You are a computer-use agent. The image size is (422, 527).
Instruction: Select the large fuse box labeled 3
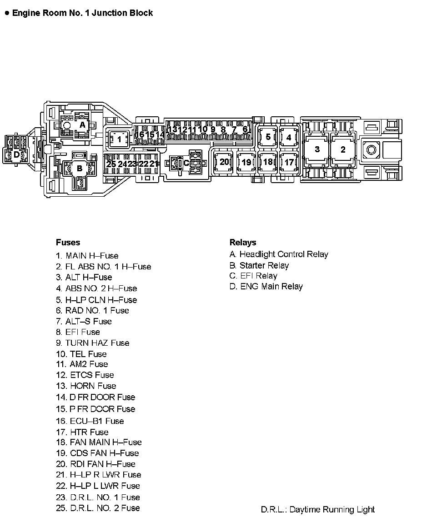tap(317, 149)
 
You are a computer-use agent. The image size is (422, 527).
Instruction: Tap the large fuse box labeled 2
tap(343, 149)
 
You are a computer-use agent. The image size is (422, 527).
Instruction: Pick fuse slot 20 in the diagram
tap(224, 162)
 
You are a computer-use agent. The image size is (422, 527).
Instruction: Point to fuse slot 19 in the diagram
tap(246, 162)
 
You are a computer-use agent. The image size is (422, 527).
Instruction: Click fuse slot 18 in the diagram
tap(268, 162)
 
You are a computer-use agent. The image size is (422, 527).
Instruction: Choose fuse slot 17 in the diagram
tap(289, 162)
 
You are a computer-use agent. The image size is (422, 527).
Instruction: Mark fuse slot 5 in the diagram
tap(268, 137)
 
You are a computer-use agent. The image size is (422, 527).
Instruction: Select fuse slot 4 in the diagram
tap(289, 137)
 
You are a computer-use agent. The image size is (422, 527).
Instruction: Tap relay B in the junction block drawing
tap(80, 169)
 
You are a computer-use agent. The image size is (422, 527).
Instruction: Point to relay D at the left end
tap(16, 154)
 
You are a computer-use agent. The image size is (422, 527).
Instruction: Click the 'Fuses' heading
tap(68, 242)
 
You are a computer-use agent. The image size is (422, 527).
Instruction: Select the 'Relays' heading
tap(243, 242)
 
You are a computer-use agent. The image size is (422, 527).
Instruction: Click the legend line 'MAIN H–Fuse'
tap(87, 255)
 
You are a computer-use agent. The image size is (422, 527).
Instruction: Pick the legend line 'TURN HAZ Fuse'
tap(93, 343)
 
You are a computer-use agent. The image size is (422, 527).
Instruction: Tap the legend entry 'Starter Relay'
tap(259, 265)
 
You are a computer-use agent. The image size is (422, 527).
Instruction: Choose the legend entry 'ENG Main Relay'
tap(266, 286)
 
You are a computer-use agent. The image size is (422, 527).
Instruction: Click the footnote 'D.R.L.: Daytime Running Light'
tap(318, 510)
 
